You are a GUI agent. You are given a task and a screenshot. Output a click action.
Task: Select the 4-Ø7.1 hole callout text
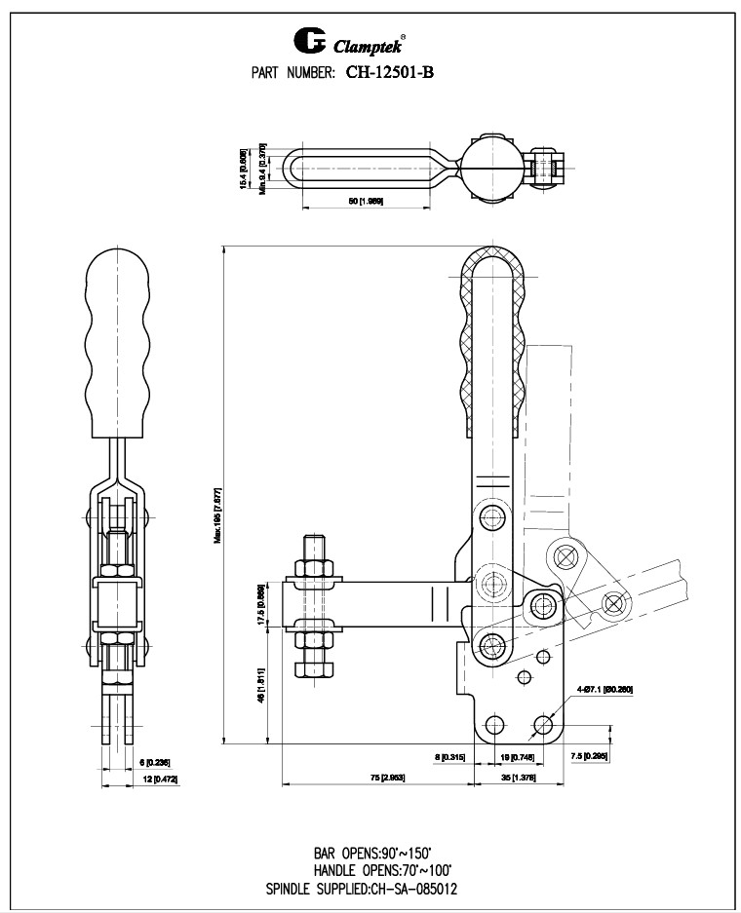tap(605, 690)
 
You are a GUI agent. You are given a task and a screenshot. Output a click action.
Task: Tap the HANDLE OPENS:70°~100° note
tap(383, 869)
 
